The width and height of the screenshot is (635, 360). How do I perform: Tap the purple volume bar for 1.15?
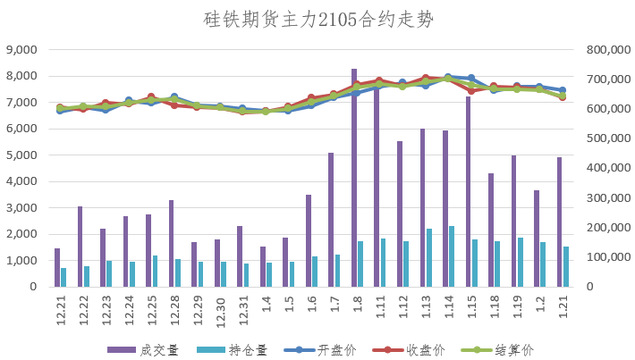[x=468, y=191]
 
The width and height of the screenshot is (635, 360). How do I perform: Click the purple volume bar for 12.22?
[x=80, y=246]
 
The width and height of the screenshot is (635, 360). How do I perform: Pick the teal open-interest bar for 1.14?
[x=452, y=256]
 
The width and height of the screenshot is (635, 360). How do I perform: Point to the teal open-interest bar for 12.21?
[x=63, y=277]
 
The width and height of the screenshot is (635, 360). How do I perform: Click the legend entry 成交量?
[x=143, y=349]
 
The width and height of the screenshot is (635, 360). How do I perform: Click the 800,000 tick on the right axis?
[x=607, y=50]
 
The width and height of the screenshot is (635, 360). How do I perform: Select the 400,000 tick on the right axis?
[x=607, y=168]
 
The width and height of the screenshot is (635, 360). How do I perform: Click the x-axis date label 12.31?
[x=242, y=312]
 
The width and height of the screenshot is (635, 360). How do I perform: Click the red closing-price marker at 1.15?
[x=471, y=90]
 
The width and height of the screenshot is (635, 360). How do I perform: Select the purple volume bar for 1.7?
[x=331, y=219]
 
